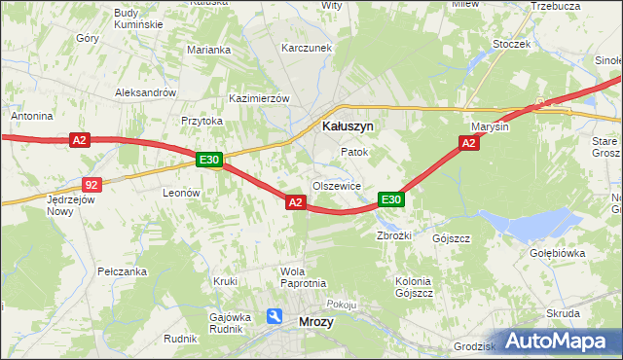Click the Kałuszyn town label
pos(348,126)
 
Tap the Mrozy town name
pos(316,320)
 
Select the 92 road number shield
pos(91,183)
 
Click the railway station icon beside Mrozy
pos(275,316)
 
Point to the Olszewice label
pos(337,186)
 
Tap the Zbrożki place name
pos(395,236)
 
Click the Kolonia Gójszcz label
pos(413,287)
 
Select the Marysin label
pos(490,127)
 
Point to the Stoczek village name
pos(511,44)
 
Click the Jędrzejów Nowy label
pos(60,204)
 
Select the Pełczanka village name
pos(122,271)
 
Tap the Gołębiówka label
pos(556,253)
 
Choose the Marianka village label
pos(208,50)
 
